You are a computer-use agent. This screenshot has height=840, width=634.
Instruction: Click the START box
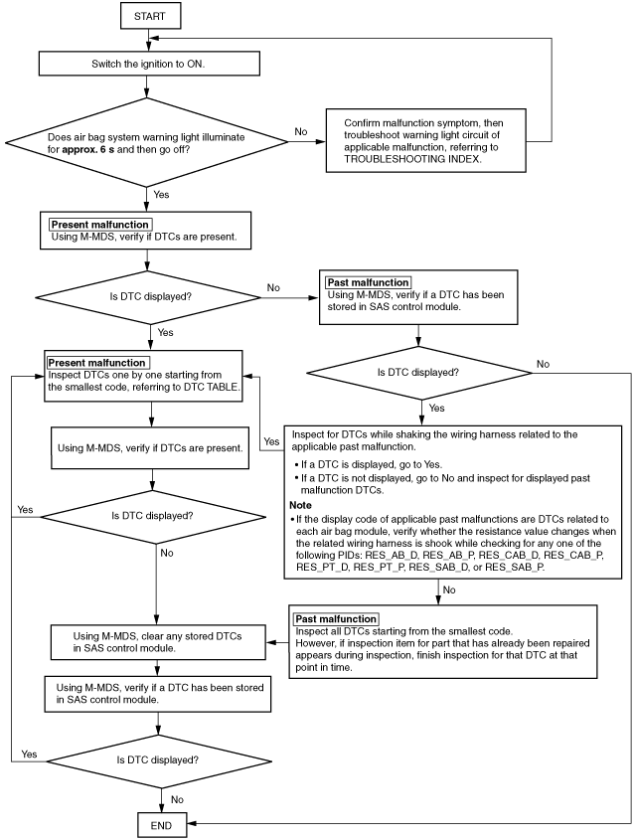coord(150,16)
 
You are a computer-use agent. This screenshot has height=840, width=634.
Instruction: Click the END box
coord(162,825)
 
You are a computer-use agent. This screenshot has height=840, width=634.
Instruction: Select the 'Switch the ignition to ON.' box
coord(149,64)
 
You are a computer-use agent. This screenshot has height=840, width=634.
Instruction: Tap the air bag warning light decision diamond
coord(146,142)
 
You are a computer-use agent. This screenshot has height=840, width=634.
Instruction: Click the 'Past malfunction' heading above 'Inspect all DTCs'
coord(336,618)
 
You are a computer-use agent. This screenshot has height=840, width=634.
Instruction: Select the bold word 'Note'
coord(300,505)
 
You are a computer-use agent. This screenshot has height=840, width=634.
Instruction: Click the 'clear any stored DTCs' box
coord(158,642)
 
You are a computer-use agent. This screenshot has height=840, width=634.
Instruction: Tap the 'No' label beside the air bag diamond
coord(301,132)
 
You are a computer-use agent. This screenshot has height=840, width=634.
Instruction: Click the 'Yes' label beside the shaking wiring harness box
coord(271,441)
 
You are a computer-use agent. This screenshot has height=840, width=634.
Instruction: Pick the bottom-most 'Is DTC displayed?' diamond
coord(159,760)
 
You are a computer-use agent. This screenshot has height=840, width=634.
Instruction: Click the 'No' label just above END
coord(177,799)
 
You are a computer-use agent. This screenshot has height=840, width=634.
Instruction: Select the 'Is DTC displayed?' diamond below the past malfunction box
coord(418,373)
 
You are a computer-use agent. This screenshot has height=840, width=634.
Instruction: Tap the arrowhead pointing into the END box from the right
coord(191,823)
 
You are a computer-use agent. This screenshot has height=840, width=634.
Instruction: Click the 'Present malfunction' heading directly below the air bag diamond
coord(99,225)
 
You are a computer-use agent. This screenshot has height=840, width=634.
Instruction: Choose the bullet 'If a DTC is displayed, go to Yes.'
coord(369,464)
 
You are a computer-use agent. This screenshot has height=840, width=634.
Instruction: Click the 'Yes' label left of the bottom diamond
coord(29,755)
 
